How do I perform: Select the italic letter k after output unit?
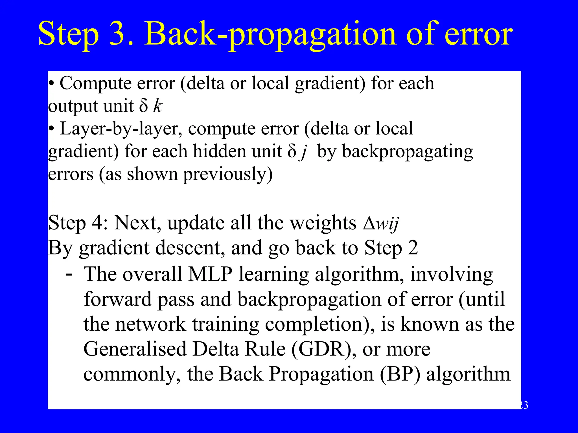[x=158, y=106]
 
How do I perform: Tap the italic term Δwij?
[x=381, y=223]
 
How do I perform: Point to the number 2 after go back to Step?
[x=413, y=248]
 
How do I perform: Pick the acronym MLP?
[x=210, y=274]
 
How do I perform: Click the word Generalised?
[x=135, y=349]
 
